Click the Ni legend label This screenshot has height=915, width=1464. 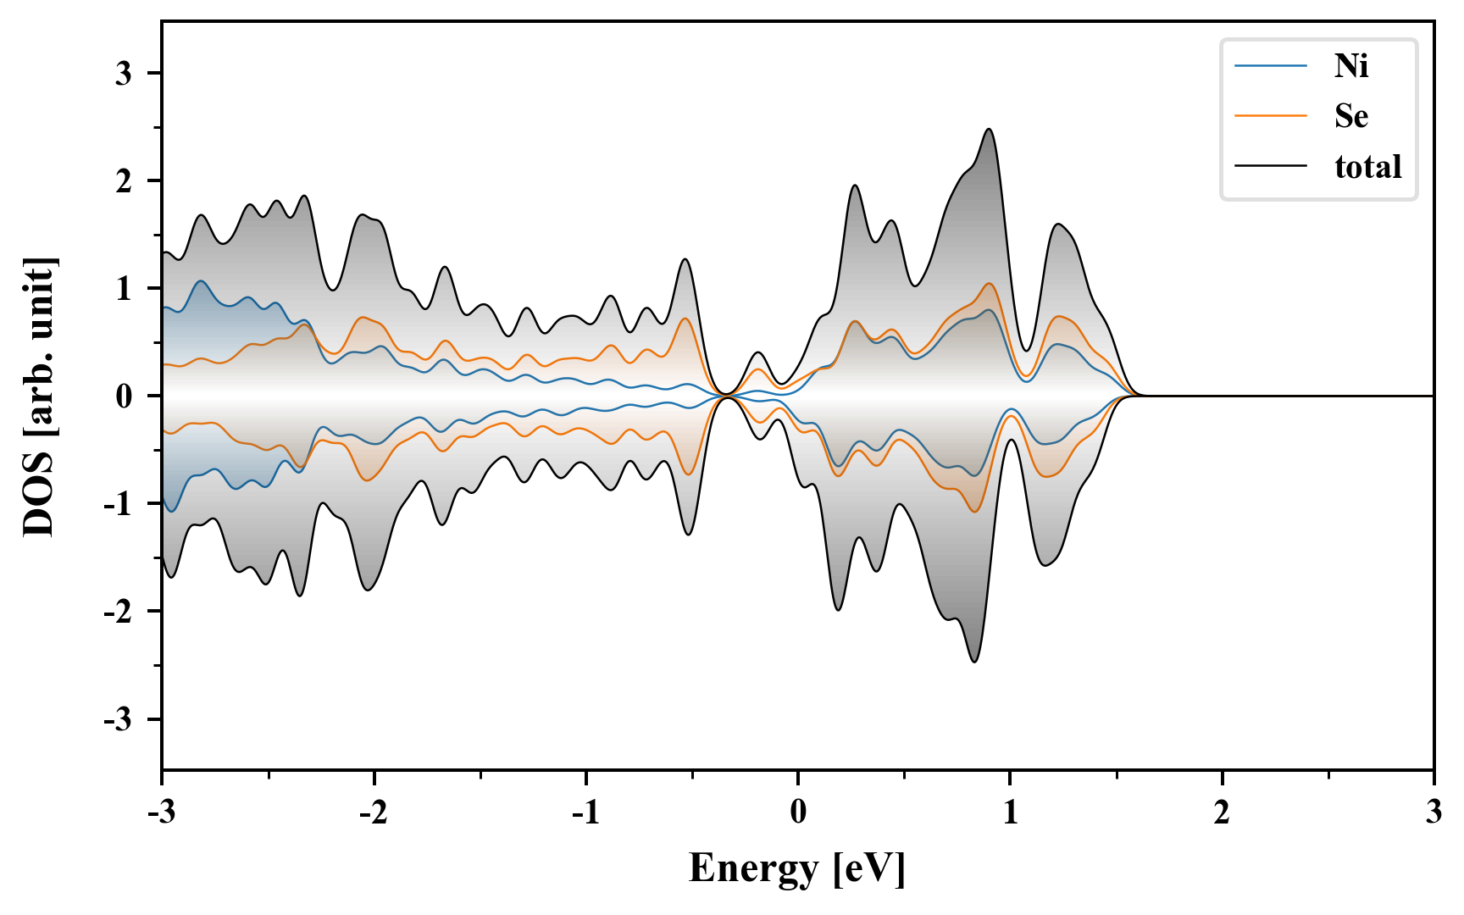pos(1351,66)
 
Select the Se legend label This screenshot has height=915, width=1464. pos(1351,116)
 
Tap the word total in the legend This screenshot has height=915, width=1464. pos(1368,167)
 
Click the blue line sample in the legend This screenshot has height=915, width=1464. pos(1271,66)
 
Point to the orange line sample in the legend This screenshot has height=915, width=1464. pos(1271,116)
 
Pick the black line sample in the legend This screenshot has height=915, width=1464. pos(1271,167)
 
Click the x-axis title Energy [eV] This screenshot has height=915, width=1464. pos(797,869)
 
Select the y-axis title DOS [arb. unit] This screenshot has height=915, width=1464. pos(39,396)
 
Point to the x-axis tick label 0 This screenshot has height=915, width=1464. pos(798,812)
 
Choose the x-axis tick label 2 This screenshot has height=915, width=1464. pos(1222,812)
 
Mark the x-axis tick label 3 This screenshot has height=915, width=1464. pos(1433,812)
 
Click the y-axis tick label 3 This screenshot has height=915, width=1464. pos(125,74)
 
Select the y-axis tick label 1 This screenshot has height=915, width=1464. pos(125,289)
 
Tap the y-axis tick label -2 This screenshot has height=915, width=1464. pos(119,612)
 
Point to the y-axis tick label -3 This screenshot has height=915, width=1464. pos(119,719)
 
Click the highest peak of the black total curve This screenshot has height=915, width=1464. pos(989,130)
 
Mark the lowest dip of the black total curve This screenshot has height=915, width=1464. pos(974,662)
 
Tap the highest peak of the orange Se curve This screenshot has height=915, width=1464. pos(989,284)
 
